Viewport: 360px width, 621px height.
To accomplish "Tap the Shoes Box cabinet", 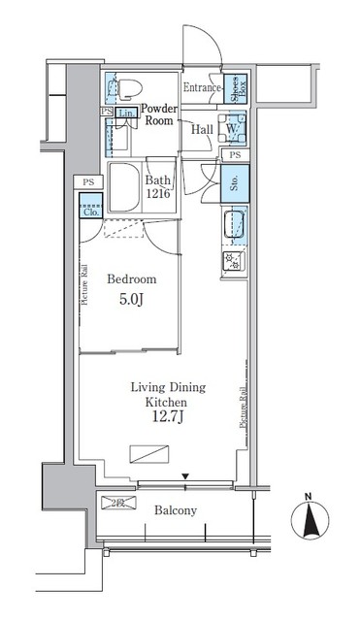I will (x=234, y=87).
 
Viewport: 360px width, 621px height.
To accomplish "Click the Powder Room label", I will (x=158, y=115).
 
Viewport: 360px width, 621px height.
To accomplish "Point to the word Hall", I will (x=203, y=129).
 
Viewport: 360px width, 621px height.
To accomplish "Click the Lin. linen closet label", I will (x=127, y=114).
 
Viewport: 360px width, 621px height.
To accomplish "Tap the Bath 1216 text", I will (x=159, y=186).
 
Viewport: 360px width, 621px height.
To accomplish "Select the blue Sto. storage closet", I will (x=233, y=181).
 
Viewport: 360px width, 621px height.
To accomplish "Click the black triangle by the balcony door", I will (x=185, y=476).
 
